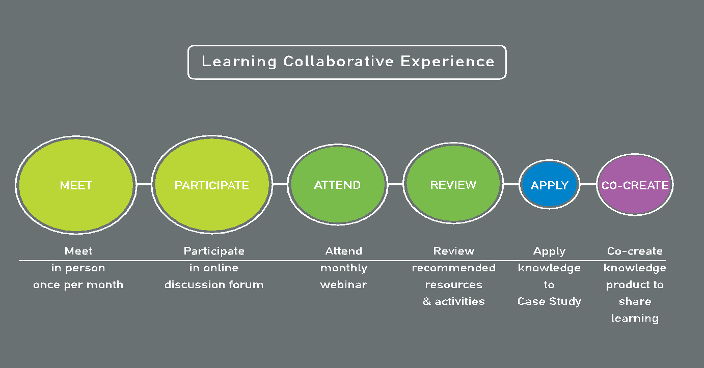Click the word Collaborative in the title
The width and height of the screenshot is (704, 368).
point(338,61)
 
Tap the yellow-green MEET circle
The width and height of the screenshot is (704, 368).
point(76,185)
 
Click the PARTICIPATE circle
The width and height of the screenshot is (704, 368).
point(212,185)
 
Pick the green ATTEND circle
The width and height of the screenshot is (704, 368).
point(338,185)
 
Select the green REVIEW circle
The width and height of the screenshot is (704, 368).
point(453,183)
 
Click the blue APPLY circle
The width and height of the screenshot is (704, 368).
point(549,185)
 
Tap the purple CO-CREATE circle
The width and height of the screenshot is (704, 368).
point(635,185)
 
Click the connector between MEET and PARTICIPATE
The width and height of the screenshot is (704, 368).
point(144,184)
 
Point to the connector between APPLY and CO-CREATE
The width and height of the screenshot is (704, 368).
point(588,184)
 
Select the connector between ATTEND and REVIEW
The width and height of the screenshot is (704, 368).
point(396,184)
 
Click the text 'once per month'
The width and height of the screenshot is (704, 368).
point(78,285)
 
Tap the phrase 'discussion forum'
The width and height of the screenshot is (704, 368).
point(214,285)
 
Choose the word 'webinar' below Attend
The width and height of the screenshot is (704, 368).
point(343,285)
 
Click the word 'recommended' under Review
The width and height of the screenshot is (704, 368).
point(453,268)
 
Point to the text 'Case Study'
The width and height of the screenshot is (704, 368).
point(549,301)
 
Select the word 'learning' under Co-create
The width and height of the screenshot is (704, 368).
point(635,319)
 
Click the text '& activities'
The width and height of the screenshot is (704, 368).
point(453,301)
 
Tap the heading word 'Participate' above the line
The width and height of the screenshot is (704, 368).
point(214,251)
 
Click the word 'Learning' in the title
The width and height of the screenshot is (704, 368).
point(239,62)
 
